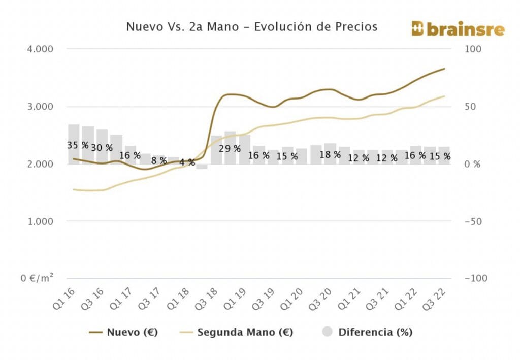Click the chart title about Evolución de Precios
pyautogui.click(x=251, y=26)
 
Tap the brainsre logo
pyautogui.click(x=458, y=29)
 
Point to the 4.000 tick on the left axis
pyautogui.click(x=40, y=49)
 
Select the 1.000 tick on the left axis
pyautogui.click(x=40, y=221)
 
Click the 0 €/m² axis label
pyautogui.click(x=38, y=278)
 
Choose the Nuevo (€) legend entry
pyautogui.click(x=123, y=332)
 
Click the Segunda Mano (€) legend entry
pyautogui.click(x=237, y=332)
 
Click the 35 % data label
pyautogui.click(x=78, y=146)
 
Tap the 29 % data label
pyautogui.click(x=230, y=149)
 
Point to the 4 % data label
pyautogui.click(x=187, y=162)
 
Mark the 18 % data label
pyautogui.click(x=330, y=154)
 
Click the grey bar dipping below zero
pyautogui.click(x=202, y=167)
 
